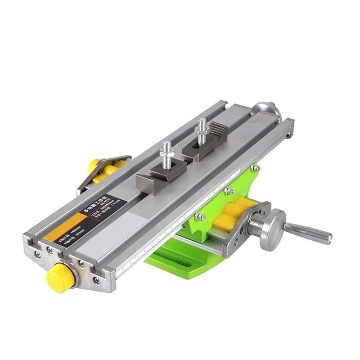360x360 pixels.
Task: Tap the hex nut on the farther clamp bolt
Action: click(x=201, y=132)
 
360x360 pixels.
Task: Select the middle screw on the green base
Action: click(x=229, y=191)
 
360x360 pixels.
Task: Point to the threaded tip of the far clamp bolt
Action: click(x=202, y=122)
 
